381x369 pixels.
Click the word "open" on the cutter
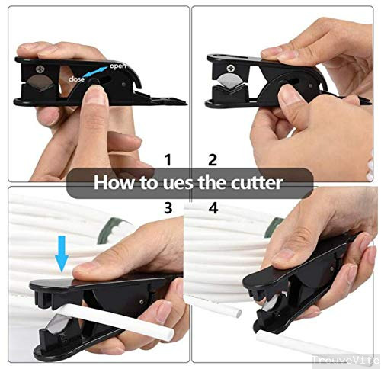[118, 66]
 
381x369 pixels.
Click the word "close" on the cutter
[76, 79]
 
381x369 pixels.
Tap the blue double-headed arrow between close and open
[95, 72]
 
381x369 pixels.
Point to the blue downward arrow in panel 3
[62, 253]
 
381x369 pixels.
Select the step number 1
[168, 160]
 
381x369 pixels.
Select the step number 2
[213, 160]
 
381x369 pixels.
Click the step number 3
[168, 207]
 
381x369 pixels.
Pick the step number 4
[213, 207]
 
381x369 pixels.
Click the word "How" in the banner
[114, 182]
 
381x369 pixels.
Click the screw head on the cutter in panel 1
[40, 69]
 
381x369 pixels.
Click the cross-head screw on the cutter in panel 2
[231, 68]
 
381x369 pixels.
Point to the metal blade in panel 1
[40, 83]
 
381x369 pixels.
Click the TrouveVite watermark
[346, 360]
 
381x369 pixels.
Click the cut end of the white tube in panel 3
[170, 334]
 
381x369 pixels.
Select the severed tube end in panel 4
[238, 313]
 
